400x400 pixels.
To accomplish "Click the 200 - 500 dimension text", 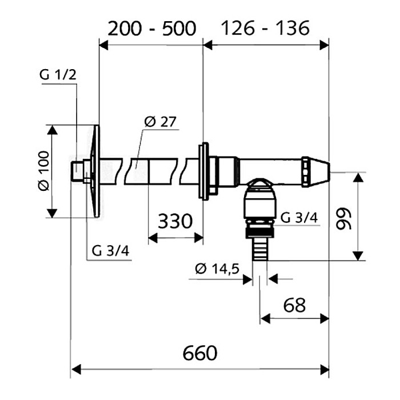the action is pos(152,29).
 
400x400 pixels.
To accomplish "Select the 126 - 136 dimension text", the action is pos(265,28).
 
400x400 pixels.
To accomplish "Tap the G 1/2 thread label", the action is pos(58,75).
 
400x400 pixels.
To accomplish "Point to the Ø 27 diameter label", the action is pos(160,122).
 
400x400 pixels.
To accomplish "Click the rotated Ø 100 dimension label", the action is pos(43,171).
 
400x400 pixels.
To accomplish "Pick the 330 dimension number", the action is pos(175,221).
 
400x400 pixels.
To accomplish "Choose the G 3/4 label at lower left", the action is pos(110,251).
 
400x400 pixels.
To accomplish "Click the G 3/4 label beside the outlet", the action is pos(299,218).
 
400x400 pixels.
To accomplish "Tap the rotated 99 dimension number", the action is pos(343,219).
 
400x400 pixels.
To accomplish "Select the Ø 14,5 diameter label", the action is pos(217,269).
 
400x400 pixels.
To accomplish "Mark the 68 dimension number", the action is pos(294,305).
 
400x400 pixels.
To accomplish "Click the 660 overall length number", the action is pos(200,353).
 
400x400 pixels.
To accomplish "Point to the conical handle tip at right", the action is pos(316,172).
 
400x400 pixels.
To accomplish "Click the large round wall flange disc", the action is pos(95,171).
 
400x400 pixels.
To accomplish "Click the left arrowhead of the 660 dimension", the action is pos(77,369).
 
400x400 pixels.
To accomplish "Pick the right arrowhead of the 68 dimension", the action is pos(324,319).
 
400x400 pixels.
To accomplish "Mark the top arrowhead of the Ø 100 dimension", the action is pos(52,130).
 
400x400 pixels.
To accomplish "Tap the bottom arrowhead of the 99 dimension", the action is pos(358,256).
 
